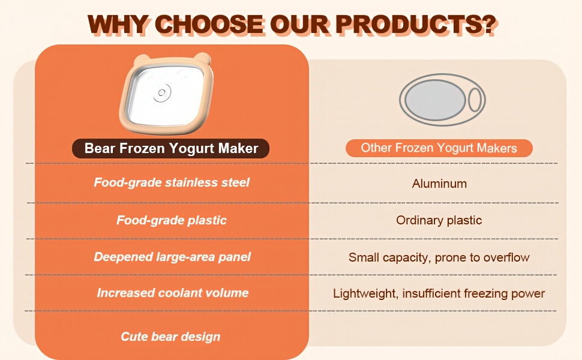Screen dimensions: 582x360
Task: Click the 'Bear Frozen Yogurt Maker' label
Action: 171,148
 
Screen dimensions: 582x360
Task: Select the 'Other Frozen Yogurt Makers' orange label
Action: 439,148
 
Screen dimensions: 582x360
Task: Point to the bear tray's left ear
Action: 142,59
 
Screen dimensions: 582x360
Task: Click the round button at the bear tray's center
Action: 162,92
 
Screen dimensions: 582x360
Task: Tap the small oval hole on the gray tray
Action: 475,100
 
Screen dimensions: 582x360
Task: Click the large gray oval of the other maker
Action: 435,100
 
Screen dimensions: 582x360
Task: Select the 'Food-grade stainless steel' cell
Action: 172,182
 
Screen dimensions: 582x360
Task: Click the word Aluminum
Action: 439,184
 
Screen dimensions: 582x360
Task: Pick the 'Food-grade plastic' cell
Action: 172,220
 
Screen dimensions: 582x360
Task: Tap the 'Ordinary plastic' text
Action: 439,220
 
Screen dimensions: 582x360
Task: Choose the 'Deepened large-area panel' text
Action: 172,257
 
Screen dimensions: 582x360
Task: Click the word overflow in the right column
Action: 506,257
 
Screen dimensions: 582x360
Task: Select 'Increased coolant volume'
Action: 173,293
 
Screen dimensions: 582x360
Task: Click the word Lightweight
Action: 366,293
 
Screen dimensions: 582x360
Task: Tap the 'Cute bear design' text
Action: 170,337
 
